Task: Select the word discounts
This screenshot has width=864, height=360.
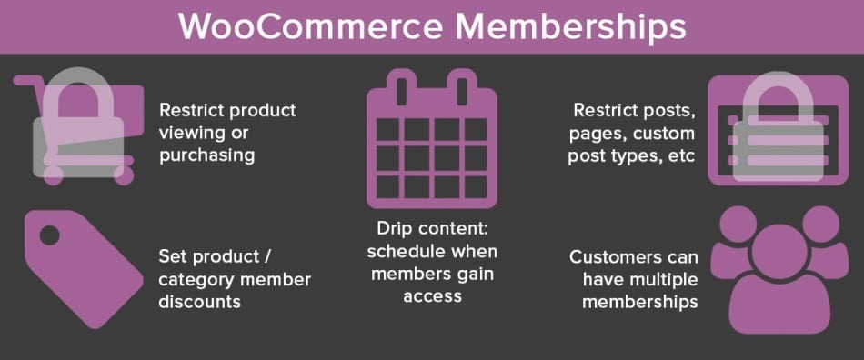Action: click(200, 301)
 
